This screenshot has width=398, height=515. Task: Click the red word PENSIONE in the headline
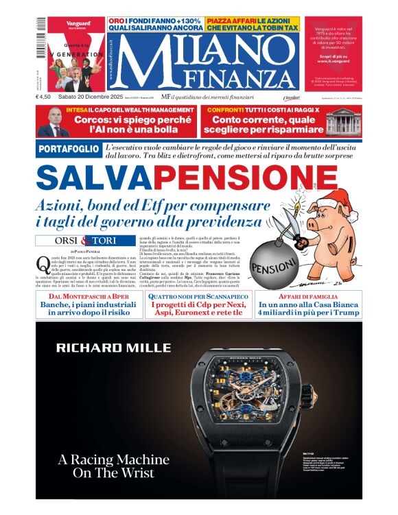pyautogui.click(x=231, y=178)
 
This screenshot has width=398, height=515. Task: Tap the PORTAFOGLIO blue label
pyautogui.click(x=67, y=149)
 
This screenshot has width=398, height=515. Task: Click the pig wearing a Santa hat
pyautogui.click(x=328, y=217)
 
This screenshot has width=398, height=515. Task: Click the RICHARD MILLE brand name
pyautogui.click(x=104, y=347)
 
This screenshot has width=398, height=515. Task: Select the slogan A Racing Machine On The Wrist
pyautogui.click(x=113, y=466)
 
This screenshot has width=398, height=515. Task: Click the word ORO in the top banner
pyautogui.click(x=117, y=21)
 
